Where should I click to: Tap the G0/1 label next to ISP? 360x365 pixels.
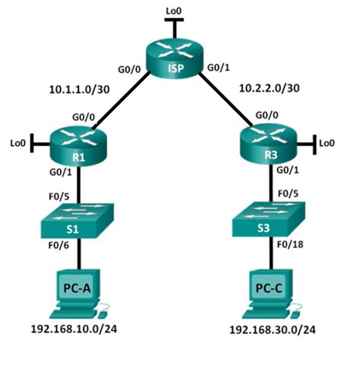(216, 70)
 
